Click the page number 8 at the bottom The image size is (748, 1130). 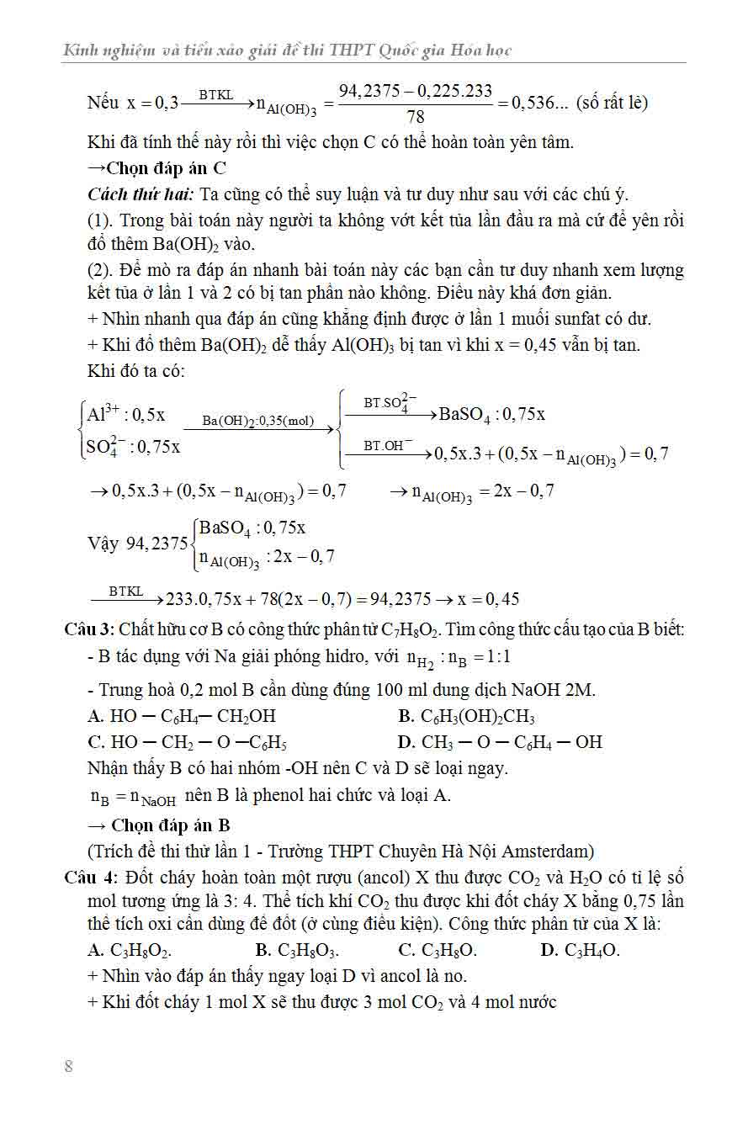(68, 1067)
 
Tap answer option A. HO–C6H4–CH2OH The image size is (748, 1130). (182, 717)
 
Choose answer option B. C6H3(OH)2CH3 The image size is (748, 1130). (466, 717)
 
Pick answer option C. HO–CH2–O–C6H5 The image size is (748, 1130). (188, 742)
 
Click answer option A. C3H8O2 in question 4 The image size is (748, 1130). (130, 951)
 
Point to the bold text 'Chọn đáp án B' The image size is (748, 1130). (165, 825)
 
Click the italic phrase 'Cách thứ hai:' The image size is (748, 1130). (141, 194)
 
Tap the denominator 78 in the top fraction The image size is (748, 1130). (415, 117)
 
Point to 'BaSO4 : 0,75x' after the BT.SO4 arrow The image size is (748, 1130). (491, 414)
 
